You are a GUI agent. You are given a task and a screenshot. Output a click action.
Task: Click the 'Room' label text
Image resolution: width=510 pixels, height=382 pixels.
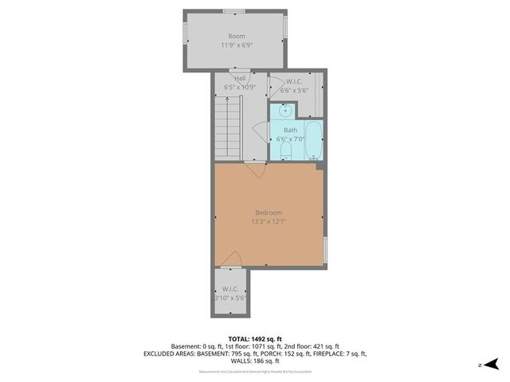[x=237, y=36]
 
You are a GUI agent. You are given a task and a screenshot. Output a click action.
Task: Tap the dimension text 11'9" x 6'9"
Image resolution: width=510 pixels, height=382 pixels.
[x=237, y=45]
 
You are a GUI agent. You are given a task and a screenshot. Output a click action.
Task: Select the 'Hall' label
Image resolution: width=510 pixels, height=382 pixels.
[x=239, y=78]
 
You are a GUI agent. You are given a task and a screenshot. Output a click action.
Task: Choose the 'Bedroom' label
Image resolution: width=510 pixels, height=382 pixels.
[x=269, y=212]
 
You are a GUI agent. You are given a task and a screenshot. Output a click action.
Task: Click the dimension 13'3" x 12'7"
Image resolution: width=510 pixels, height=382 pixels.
[x=269, y=222]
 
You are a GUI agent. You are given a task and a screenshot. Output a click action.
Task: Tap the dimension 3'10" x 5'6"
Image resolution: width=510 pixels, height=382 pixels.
[x=230, y=298]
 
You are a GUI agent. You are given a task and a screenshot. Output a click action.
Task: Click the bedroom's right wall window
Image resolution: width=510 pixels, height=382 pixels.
[x=325, y=249]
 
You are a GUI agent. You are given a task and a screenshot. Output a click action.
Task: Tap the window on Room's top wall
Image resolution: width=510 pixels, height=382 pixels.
[x=233, y=11]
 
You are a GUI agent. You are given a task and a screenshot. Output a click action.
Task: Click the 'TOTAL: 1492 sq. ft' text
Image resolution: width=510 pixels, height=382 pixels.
[x=254, y=338]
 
